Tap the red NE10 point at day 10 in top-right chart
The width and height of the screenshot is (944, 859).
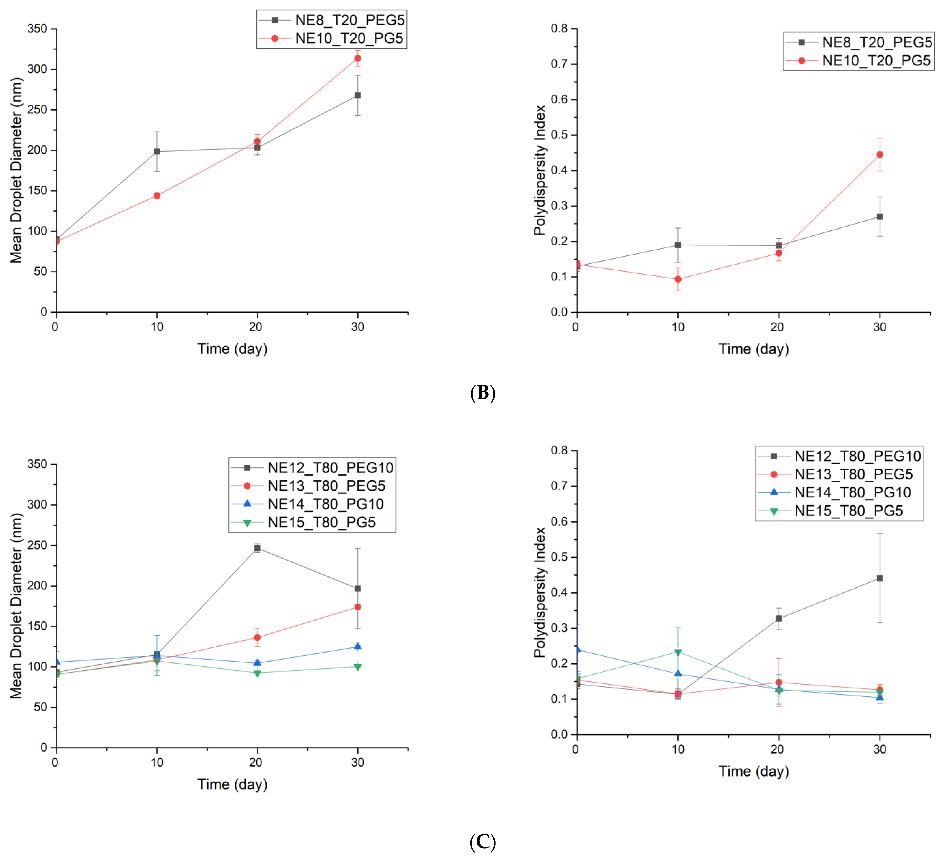point(678,279)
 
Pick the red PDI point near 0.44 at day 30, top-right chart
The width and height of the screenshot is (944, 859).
point(880,155)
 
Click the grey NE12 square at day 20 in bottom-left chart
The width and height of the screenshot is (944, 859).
point(257,548)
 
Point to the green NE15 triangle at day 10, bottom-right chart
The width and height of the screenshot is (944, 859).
point(678,652)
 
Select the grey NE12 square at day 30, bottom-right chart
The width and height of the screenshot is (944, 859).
point(880,578)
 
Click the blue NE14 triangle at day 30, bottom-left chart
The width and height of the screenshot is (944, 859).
point(358,646)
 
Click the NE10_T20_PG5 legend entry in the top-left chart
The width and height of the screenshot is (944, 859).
point(349,38)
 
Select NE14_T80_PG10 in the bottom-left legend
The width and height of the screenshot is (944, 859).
point(325,504)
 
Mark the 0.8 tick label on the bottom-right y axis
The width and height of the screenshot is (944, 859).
point(559,450)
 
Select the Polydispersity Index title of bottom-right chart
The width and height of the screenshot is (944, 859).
point(540,592)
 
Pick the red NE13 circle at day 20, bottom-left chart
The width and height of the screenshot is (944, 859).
point(257,638)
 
